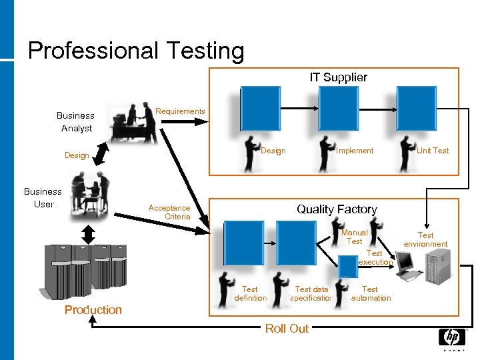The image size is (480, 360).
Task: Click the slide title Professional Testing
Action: coord(136,51)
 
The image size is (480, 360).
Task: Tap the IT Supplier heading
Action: coord(338,77)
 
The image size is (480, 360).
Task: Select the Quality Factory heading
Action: coord(337,209)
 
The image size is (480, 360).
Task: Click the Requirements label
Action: coord(180,111)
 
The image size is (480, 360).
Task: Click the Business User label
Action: coord(43,197)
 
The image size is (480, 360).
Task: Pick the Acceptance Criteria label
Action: coord(169,212)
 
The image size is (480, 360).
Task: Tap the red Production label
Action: coord(93,309)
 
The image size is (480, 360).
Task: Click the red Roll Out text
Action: coord(287,328)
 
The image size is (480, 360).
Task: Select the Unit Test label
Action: coord(433,151)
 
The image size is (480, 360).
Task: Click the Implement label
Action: coord(355,151)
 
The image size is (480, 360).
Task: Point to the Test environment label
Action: coord(425,239)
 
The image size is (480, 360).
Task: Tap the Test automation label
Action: coord(371,293)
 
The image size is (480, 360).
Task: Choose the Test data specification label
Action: coord(312,293)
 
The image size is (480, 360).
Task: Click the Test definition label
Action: coord(251,293)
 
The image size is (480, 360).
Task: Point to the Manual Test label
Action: coord(354,237)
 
